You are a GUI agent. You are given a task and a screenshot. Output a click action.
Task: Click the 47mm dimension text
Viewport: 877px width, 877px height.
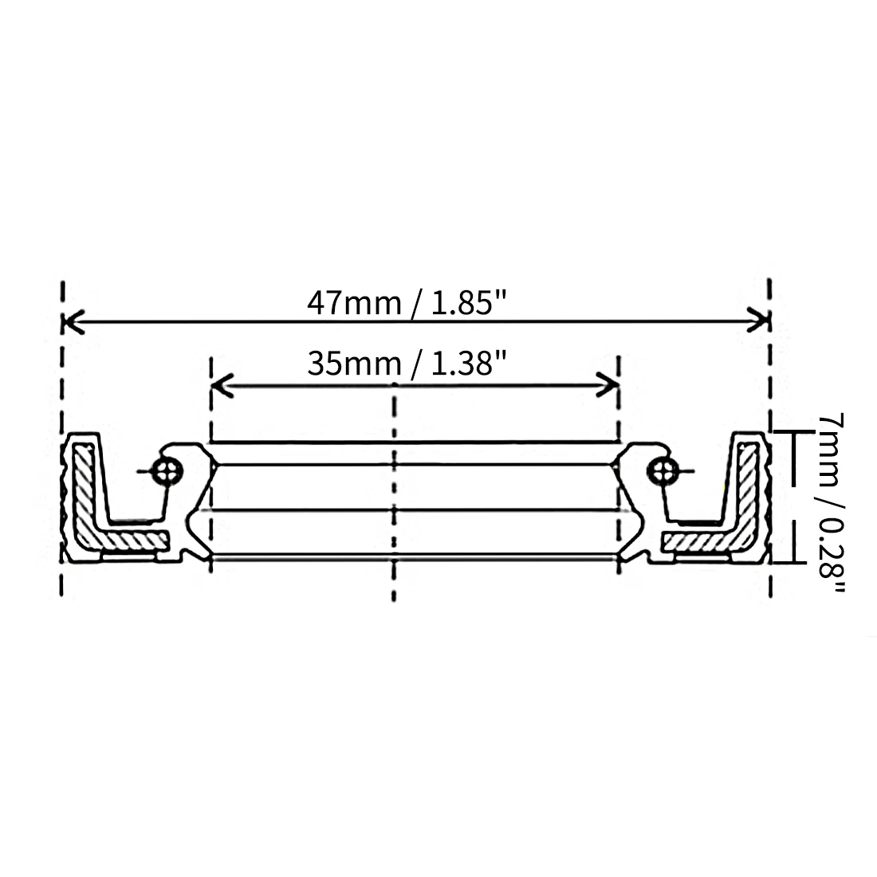pyautogui.click(x=354, y=304)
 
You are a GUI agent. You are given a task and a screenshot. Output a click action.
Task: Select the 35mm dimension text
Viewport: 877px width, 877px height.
pyautogui.click(x=354, y=364)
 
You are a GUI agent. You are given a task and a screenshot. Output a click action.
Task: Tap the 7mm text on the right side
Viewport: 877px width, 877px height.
pyautogui.click(x=831, y=450)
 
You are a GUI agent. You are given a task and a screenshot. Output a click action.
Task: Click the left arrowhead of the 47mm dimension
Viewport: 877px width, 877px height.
pyautogui.click(x=73, y=321)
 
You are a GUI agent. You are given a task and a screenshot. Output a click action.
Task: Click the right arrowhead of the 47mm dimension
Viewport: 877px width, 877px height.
pyautogui.click(x=758, y=321)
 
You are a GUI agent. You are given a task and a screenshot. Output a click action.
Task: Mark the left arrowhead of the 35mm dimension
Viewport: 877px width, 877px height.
pyautogui.click(x=222, y=385)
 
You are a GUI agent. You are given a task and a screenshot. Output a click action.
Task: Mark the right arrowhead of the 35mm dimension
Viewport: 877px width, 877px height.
pyautogui.click(x=608, y=385)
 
